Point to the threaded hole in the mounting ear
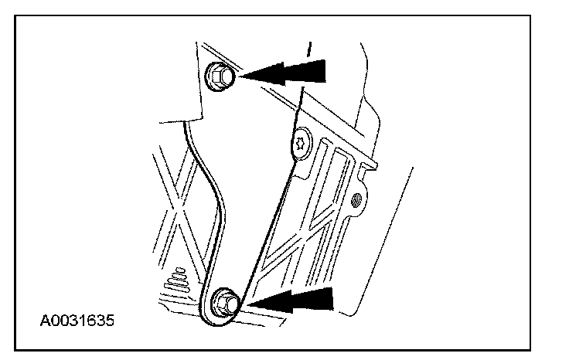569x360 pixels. pos(357,202)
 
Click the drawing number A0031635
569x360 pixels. pos(76,319)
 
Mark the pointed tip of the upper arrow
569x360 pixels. pos(241,75)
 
